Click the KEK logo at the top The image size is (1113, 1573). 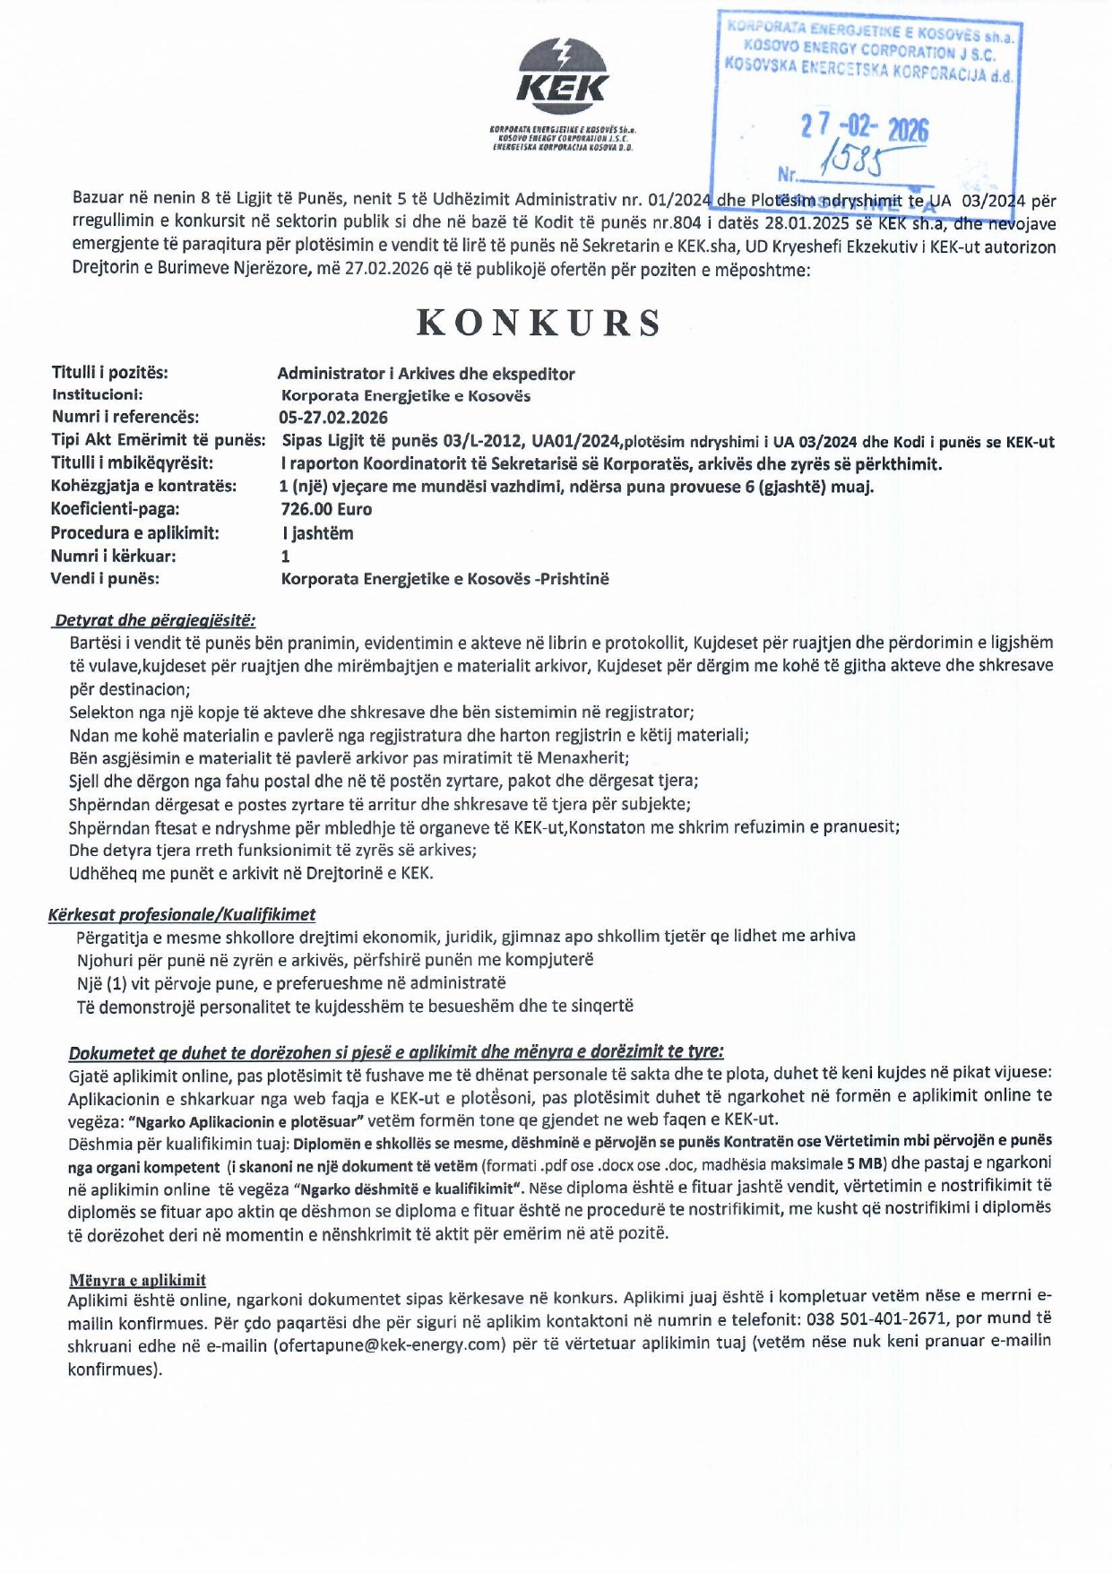point(562,73)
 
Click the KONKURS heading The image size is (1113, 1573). point(539,323)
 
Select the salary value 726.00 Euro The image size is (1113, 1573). point(326,509)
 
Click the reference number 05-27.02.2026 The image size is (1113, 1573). point(333,417)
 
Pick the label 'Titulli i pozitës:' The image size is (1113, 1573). point(109,372)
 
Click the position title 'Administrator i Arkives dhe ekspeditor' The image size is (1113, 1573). point(426,374)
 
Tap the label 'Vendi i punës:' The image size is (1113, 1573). point(105,578)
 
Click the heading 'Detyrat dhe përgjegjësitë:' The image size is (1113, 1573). point(155,620)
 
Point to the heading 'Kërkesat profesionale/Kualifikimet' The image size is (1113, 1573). point(182,915)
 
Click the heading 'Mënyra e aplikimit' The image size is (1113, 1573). point(137,1280)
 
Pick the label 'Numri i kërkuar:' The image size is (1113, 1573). point(113,556)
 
